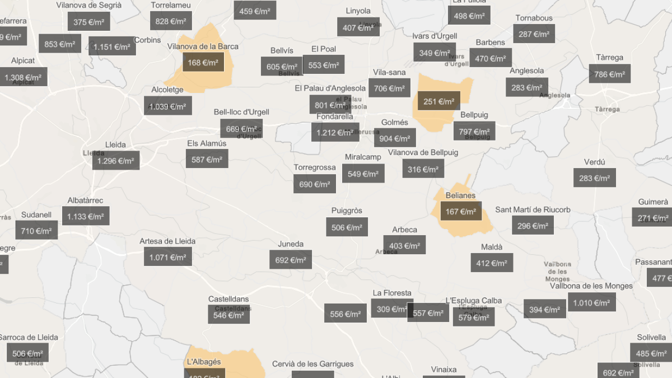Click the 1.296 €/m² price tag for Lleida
tap(116, 161)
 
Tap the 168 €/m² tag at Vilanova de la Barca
tap(203, 63)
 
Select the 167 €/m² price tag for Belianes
tap(460, 212)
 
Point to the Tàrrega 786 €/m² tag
tap(609, 74)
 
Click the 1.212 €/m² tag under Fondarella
tap(335, 133)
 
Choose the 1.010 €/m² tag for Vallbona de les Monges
tap(591, 303)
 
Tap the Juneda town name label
tap(291, 244)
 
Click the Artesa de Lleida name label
tap(167, 241)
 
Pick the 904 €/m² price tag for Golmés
tap(394, 138)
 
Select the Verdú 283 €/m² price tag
tap(594, 178)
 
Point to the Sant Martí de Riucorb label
tap(533, 210)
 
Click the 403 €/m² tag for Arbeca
tap(404, 245)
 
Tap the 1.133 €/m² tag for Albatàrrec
tap(86, 216)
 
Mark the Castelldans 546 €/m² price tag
tap(228, 315)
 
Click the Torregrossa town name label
tap(315, 167)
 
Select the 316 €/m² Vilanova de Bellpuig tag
tap(423, 169)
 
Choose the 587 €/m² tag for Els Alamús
tap(207, 159)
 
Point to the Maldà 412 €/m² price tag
tap(491, 263)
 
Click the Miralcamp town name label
tap(363, 157)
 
